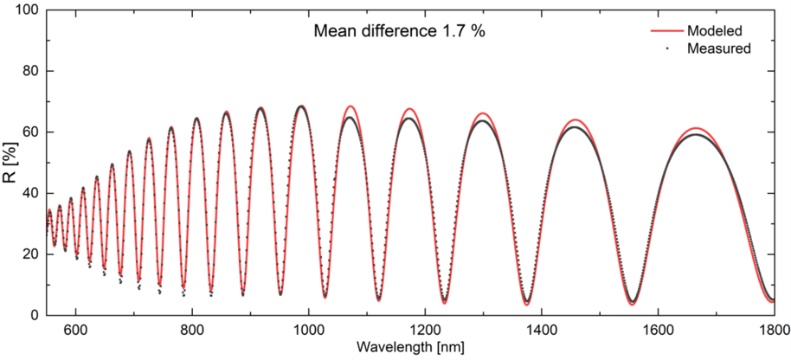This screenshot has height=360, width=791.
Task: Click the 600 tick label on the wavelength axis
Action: click(x=75, y=330)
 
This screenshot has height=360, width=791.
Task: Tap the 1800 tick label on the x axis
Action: click(x=773, y=330)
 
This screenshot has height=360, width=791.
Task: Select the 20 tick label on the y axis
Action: click(x=31, y=254)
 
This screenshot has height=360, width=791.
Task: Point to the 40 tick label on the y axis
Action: click(x=31, y=193)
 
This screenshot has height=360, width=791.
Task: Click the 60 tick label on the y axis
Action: click(x=31, y=132)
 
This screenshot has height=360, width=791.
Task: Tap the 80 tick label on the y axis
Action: click(x=31, y=71)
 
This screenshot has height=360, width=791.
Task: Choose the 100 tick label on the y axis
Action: click(x=28, y=10)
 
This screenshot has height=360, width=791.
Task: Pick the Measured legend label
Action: click(x=718, y=48)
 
